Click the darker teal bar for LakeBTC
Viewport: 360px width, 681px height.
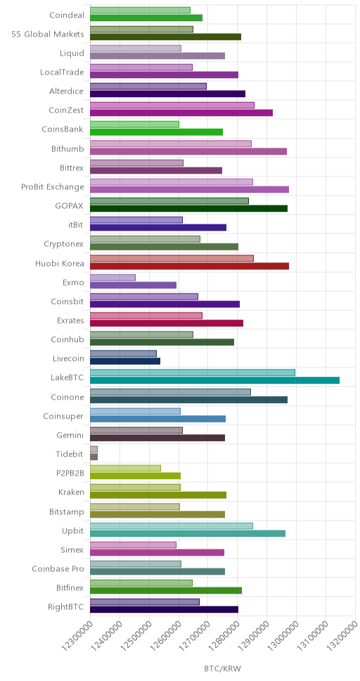click(x=214, y=381)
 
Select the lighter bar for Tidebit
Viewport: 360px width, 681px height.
click(x=94, y=450)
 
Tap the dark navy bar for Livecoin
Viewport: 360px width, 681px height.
click(x=125, y=362)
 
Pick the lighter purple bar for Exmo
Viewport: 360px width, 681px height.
click(x=113, y=277)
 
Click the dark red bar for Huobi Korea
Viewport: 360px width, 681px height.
click(x=189, y=266)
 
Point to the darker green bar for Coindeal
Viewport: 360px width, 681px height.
click(x=146, y=18)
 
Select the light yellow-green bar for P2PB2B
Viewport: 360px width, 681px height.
click(x=125, y=469)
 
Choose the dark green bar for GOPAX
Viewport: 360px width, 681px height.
click(x=189, y=208)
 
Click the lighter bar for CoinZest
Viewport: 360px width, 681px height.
click(x=172, y=106)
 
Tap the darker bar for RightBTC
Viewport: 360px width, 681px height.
click(x=164, y=609)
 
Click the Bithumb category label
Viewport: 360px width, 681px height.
click(x=67, y=148)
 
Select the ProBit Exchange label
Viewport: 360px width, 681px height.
click(x=53, y=186)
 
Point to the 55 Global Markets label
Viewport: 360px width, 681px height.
click(x=48, y=34)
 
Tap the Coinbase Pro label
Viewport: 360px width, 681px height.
click(x=58, y=568)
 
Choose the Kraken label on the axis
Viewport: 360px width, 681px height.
click(x=71, y=492)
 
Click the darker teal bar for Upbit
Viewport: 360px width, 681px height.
click(x=188, y=533)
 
